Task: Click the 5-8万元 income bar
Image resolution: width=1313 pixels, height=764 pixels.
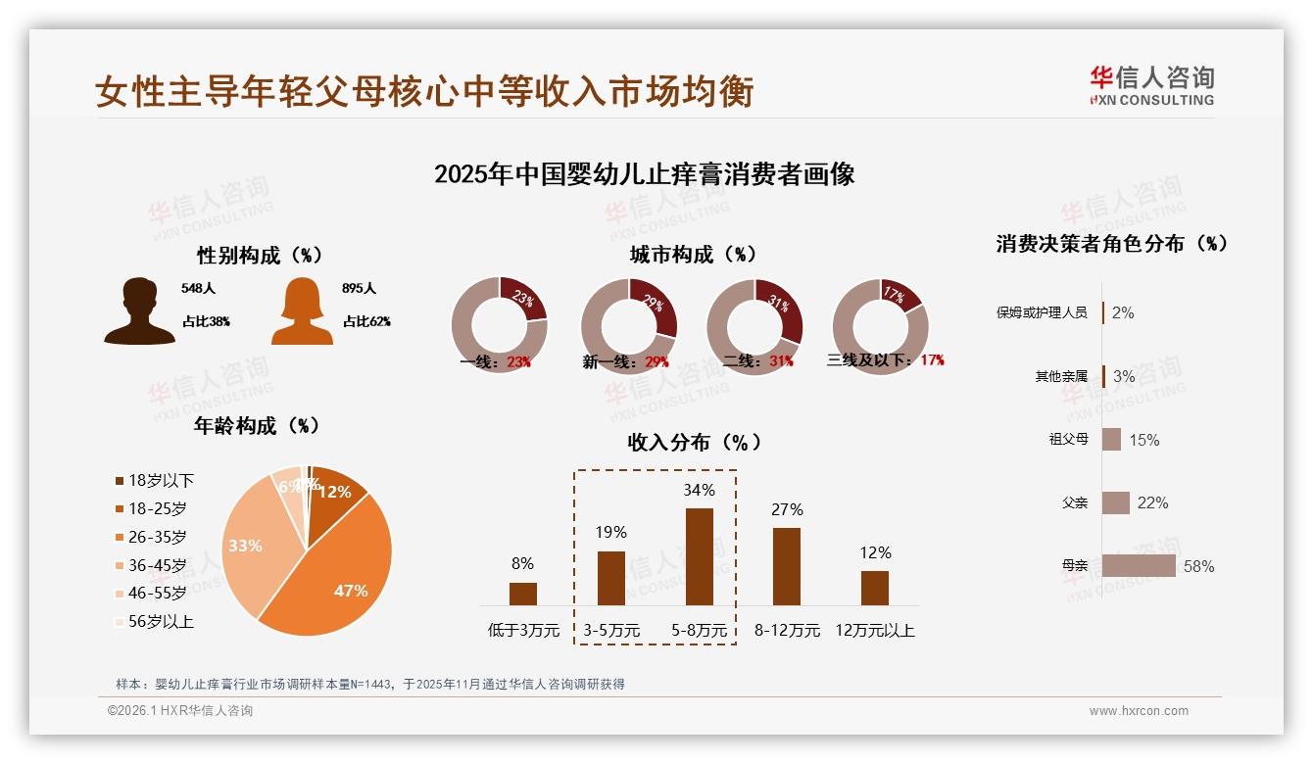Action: coord(699,556)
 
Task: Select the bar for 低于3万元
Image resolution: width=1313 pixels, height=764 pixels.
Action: coord(523,594)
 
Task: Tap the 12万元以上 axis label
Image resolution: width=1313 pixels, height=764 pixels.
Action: coord(874,631)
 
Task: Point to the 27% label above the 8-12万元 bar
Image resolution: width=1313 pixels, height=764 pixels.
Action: coord(787,509)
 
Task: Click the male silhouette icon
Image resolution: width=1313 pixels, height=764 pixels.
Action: coord(140,311)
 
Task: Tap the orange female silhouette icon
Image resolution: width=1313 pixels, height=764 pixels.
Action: coord(302,311)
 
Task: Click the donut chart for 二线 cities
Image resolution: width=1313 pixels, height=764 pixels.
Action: coord(754,326)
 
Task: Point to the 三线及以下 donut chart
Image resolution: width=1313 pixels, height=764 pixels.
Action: coord(880,326)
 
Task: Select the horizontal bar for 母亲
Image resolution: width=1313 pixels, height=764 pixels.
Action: coord(1139,566)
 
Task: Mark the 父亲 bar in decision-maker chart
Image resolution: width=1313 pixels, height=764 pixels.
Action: coord(1116,502)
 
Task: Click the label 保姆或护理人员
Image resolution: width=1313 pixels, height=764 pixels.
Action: coord(1042,312)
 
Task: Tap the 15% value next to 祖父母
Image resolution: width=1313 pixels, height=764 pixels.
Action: coord(1143,440)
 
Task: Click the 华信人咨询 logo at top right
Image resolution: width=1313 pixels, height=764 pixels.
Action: coord(1151,85)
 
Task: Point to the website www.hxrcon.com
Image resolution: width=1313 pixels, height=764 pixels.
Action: coord(1139,711)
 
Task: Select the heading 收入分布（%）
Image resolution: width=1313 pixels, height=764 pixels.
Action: coord(695,442)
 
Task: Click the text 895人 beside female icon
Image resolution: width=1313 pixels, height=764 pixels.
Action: coord(360,289)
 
